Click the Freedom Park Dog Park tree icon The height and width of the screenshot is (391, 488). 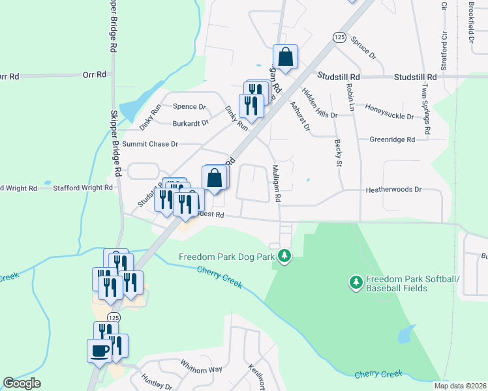pyautogui.click(x=284, y=257)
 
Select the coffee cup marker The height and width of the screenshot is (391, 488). pyautogui.click(x=99, y=351)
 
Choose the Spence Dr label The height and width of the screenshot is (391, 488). pyautogui.click(x=189, y=107)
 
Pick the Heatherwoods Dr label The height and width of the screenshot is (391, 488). pyautogui.click(x=393, y=189)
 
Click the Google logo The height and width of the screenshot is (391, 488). pyautogui.click(x=22, y=383)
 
